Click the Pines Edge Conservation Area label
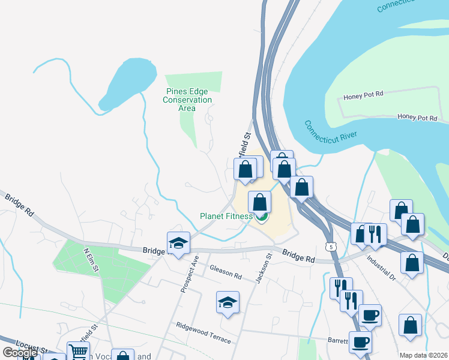pos(187,100)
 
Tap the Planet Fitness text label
pos(226,216)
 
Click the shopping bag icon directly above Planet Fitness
pos(259,201)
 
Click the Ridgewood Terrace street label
pos(203,332)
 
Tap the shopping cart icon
pos(78,352)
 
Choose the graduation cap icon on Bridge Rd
pos(178,242)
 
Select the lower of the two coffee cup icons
pos(360,342)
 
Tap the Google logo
pos(19,353)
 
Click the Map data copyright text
pos(423,355)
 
